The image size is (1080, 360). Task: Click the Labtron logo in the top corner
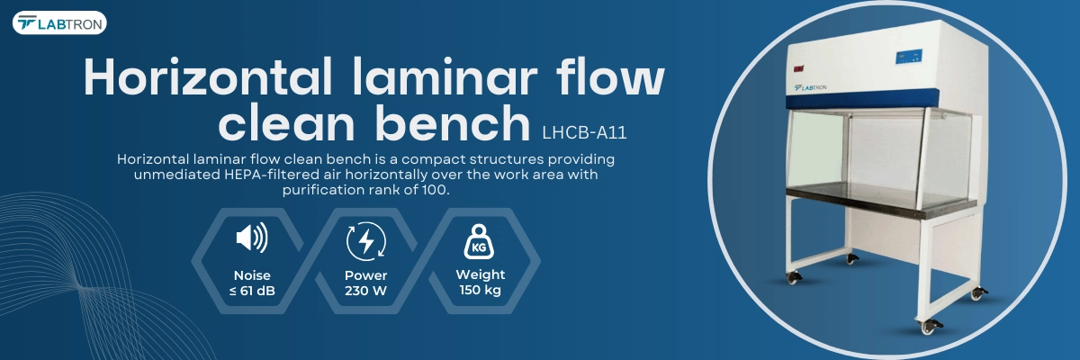(59, 22)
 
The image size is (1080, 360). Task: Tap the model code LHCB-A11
(584, 132)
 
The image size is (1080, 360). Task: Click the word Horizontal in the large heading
(208, 77)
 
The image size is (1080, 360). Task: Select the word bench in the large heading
(453, 123)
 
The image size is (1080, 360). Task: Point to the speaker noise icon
(252, 237)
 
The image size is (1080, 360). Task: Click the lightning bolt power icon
(366, 241)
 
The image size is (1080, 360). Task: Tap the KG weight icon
(479, 242)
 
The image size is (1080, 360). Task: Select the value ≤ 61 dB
(252, 291)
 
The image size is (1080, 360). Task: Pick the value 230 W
(366, 291)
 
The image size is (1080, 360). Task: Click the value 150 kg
(481, 290)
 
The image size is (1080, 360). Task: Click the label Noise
(252, 275)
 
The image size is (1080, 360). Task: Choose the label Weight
(481, 274)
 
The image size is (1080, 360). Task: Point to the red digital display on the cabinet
(799, 69)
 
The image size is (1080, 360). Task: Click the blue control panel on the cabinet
(909, 57)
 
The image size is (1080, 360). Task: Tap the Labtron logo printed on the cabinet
(811, 87)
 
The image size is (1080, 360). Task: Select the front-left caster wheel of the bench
(793, 276)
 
